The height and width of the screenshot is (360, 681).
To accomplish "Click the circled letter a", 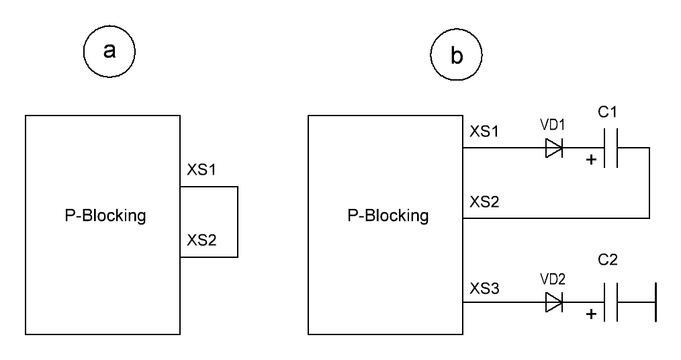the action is [109, 51].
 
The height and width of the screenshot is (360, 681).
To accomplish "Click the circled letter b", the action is [456, 54].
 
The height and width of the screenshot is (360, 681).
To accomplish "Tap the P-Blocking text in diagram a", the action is [105, 216].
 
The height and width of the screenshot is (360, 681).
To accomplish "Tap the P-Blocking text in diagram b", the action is [388, 216].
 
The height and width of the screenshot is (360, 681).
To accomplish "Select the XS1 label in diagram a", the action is [201, 169].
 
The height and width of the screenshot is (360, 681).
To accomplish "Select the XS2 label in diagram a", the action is [201, 240].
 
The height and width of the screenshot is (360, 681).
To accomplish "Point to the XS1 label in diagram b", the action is [484, 131].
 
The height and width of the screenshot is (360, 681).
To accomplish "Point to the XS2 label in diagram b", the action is [484, 201].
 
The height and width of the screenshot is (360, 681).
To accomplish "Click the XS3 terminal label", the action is [484, 288].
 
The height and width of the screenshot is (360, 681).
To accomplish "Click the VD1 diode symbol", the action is [554, 148].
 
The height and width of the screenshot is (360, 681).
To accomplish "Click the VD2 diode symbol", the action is [554, 302].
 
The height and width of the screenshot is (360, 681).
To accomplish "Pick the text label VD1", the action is [553, 125].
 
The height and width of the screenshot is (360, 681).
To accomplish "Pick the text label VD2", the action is [553, 279].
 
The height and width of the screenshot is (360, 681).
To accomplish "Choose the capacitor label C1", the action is [607, 112].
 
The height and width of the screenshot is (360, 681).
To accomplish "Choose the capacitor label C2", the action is [608, 260].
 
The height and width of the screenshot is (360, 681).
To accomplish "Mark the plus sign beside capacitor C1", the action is [591, 160].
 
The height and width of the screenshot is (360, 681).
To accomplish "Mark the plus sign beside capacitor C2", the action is [591, 314].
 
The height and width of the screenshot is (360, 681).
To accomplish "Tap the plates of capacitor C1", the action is [610, 148].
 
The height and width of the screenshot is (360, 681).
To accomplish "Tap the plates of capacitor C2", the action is [610, 302].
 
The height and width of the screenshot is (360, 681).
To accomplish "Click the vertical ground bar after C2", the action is [655, 302].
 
